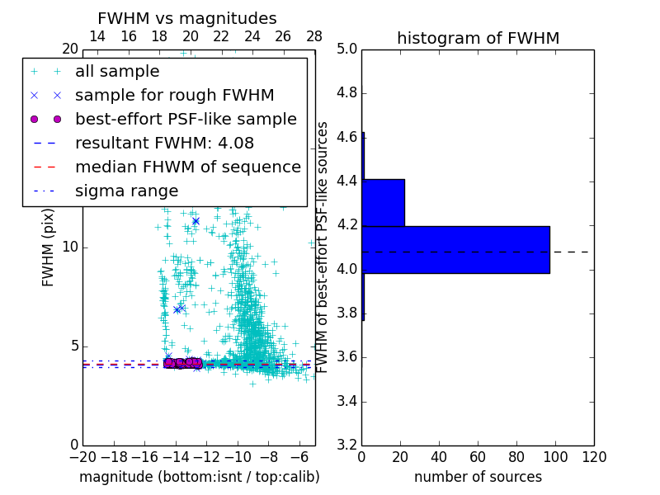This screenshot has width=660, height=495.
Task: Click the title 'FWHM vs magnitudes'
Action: (187, 18)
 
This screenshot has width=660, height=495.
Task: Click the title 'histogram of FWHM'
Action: (478, 38)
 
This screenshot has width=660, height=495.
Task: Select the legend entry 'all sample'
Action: (117, 72)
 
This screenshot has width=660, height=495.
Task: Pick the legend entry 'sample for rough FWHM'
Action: (174, 96)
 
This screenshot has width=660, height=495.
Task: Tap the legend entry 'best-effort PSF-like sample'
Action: (186, 120)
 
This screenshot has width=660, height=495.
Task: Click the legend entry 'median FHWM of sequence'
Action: (187, 167)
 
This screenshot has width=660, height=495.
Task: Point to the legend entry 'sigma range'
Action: (126, 191)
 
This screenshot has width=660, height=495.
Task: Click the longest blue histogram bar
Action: (456, 249)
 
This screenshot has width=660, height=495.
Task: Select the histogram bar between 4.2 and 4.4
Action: (384, 202)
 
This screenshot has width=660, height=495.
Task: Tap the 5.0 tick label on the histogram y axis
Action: (348, 49)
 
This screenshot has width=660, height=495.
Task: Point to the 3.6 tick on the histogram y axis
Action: (348, 357)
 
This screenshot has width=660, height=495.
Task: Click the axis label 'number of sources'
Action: (478, 477)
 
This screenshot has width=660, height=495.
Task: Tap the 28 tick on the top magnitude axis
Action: (314, 36)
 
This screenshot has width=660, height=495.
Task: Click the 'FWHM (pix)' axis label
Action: (49, 247)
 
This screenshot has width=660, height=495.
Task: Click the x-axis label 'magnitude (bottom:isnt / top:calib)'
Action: (199, 477)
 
